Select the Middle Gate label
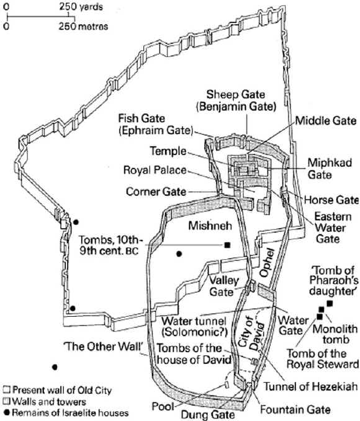(x=326, y=121)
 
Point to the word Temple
(x=168, y=151)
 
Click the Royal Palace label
(x=155, y=170)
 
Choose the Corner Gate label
(x=156, y=192)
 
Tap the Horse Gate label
(x=331, y=200)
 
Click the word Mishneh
(x=210, y=226)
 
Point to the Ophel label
(x=268, y=263)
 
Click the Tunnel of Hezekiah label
(x=310, y=387)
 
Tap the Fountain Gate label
(x=295, y=410)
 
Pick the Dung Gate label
(x=208, y=415)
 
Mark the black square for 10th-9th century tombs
(x=227, y=245)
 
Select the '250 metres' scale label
(x=83, y=26)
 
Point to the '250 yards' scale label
(x=81, y=7)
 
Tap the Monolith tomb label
(x=335, y=334)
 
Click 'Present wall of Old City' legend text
(x=62, y=390)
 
